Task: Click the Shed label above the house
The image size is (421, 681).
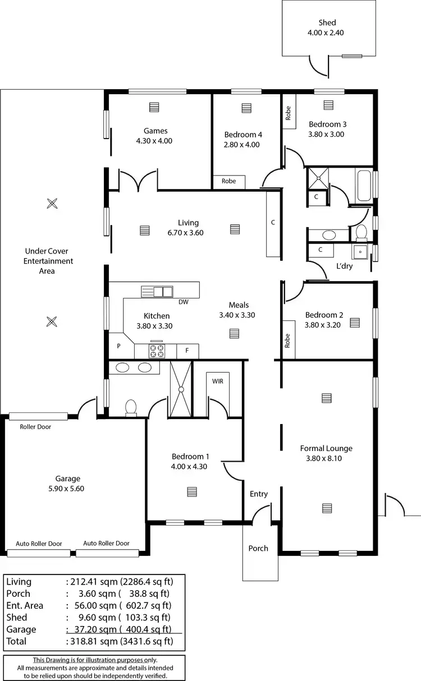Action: [327, 22]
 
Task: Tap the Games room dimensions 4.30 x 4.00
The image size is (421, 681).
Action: [154, 141]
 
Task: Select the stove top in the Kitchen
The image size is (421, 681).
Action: [157, 351]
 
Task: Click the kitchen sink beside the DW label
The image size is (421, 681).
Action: [158, 291]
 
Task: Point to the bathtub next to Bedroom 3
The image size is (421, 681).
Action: [364, 185]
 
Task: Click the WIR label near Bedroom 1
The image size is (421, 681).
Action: [218, 381]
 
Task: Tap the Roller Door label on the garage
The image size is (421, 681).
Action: [35, 426]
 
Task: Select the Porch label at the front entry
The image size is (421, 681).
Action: [258, 548]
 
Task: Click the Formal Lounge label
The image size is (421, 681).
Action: [326, 448]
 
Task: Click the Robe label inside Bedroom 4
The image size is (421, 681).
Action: [228, 181]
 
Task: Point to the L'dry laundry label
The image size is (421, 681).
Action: [344, 266]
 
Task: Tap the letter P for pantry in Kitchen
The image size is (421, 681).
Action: [118, 346]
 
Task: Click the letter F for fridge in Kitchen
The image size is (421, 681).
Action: [187, 352]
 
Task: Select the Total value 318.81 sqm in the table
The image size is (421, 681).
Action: [91, 641]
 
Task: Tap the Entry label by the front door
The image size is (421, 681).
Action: [259, 494]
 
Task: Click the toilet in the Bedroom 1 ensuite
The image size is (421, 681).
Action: [131, 407]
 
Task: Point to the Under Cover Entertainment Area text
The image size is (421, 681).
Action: [48, 261]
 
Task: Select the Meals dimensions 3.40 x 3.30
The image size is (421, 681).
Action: [237, 315]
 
